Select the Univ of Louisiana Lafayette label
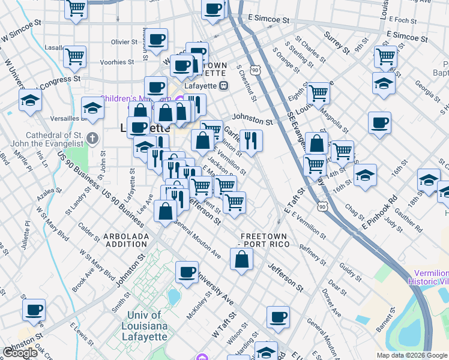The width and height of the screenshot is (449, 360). pos(144,326)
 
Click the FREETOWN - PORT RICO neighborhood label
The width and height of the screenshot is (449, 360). pos(264,240)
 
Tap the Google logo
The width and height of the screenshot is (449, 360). pos(20,353)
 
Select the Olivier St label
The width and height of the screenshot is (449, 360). pos(125,42)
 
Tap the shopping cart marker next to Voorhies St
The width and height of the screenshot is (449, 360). pos(74,56)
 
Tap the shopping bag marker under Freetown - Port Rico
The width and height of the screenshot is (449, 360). pos(241,259)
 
